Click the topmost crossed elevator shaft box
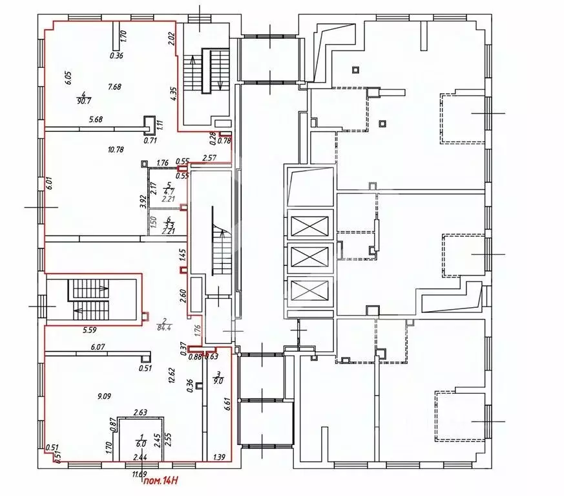(310, 226)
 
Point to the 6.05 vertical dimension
(67, 78)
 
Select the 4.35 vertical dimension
(174, 94)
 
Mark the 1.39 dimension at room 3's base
(218, 457)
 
